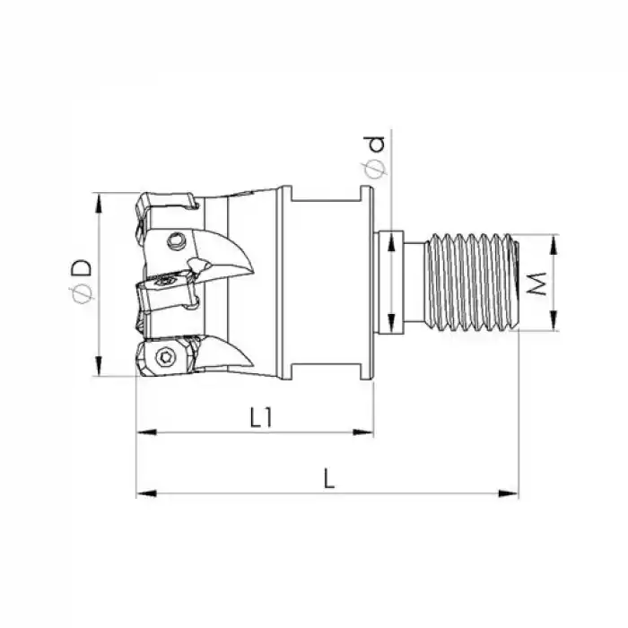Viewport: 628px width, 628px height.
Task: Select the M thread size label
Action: (x=537, y=284)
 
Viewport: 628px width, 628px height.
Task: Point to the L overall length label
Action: (x=329, y=479)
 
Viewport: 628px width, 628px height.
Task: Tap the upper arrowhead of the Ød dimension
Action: (x=391, y=240)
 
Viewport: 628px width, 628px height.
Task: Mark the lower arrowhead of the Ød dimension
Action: (x=391, y=325)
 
